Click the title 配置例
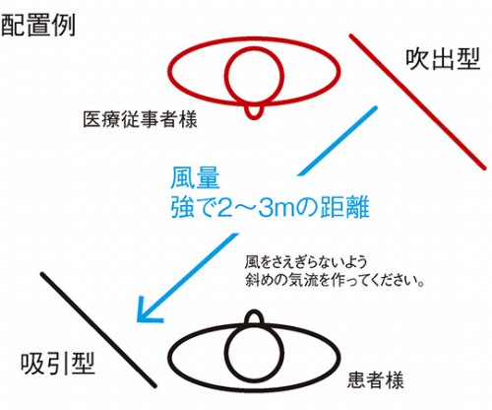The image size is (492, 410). point(38,25)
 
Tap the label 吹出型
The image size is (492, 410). point(443,59)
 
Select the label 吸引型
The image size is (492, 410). point(58,364)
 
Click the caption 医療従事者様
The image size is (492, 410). point(140,119)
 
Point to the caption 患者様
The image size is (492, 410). point(375,380)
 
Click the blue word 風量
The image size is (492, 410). point(195,179)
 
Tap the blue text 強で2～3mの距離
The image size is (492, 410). point(270,207)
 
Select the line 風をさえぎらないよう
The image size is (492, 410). point(306,262)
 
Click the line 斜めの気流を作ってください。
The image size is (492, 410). point(335,280)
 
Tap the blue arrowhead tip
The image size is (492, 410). point(138,320)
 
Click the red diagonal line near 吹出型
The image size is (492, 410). point(417,102)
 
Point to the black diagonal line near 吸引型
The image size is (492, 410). point(98,330)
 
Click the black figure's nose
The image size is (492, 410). point(254,310)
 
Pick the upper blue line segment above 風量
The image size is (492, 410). point(337,140)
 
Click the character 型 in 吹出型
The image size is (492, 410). point(468,59)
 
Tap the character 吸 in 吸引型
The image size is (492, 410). point(32,364)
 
